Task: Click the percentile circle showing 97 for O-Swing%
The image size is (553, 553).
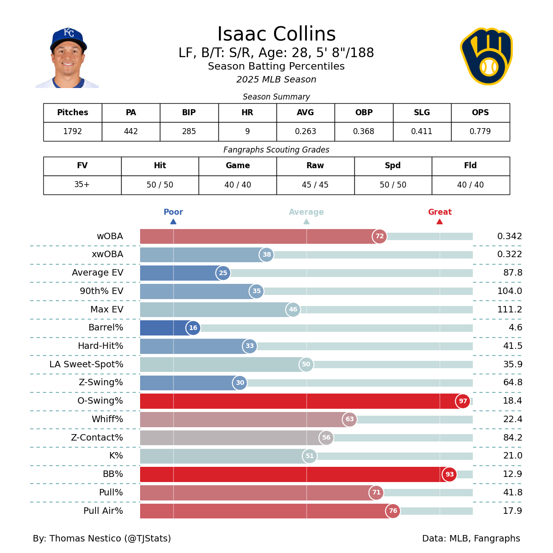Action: coord(463,401)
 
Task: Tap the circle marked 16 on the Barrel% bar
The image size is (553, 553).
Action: coord(193,328)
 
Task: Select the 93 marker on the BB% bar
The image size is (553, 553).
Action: coord(449,474)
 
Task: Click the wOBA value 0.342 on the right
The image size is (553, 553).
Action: coord(509,236)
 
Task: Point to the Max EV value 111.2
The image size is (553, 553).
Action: coord(509,310)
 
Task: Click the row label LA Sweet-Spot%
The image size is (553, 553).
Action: coord(86,365)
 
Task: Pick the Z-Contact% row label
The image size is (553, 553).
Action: coord(97,438)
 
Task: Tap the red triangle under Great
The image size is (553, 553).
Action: coord(440,222)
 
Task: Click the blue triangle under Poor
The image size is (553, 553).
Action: coord(173,222)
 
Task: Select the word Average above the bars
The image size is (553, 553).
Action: coord(306,212)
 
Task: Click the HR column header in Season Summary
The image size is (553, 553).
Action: coord(247,113)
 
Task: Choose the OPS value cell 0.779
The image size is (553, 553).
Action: coord(480,132)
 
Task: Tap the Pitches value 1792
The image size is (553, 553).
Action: coord(72,132)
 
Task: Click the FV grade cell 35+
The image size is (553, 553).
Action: coord(82,185)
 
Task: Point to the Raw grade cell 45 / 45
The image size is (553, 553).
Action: coord(315,185)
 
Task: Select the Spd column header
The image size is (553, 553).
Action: coord(393,166)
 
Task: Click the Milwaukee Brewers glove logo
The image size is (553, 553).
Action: coord(487,57)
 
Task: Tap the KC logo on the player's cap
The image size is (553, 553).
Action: coord(69,33)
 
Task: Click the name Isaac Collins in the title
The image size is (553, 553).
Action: coord(276,35)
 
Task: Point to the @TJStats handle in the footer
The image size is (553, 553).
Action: coord(148,539)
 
